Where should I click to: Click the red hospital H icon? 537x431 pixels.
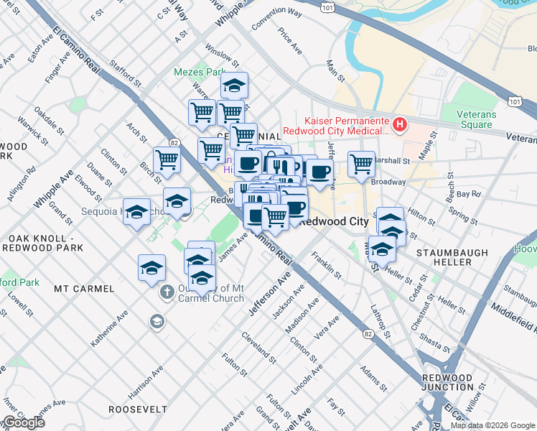399,125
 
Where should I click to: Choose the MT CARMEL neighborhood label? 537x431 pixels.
84,289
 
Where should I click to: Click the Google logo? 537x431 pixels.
24,422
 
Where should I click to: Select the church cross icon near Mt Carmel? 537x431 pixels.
166,292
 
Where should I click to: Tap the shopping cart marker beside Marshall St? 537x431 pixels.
362,164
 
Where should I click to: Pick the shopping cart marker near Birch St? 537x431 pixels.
167,159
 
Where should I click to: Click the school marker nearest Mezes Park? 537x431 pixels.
233,85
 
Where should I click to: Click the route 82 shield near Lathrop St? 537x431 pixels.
368,334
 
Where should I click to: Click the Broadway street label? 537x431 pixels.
388,182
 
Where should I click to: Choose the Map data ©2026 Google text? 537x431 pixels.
492,425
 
